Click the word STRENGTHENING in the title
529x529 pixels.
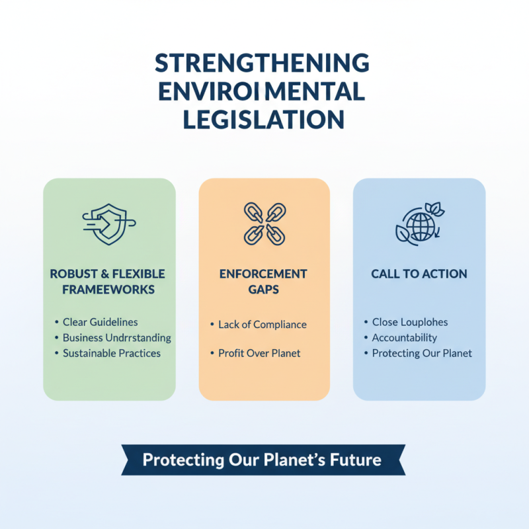tap(262, 63)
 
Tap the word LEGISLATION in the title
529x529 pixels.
tap(263, 119)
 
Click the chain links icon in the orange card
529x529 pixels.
tap(264, 222)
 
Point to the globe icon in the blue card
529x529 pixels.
tap(419, 224)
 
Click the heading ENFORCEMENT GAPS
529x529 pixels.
tap(264, 282)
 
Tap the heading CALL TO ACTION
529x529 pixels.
tap(419, 274)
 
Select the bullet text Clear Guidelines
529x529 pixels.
tap(100, 322)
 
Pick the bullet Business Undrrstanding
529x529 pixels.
tap(116, 338)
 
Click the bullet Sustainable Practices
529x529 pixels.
tap(111, 353)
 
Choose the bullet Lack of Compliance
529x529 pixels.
tap(262, 325)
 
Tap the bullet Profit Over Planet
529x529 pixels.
tap(259, 353)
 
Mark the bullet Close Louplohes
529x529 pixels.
tap(409, 322)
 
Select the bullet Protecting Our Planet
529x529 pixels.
tap(422, 353)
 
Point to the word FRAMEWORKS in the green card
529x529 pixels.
tap(110, 289)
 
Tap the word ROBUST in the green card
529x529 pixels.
tap(69, 274)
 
